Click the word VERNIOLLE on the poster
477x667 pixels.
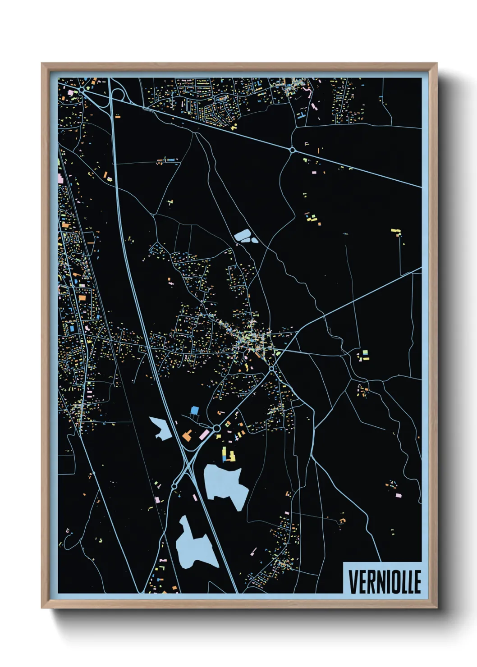[x=385, y=582]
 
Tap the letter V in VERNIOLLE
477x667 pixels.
[x=353, y=582]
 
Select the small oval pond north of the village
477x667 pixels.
[x=244, y=236]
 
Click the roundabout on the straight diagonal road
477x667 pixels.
[x=292, y=150]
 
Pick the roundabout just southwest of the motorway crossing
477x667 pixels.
[x=174, y=486]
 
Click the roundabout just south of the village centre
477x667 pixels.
[x=272, y=369]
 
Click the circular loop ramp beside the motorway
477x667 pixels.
[x=118, y=95]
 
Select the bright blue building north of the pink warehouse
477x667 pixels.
[x=194, y=410]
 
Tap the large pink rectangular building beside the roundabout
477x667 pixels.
[x=204, y=434]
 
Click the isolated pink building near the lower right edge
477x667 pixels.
[x=398, y=496]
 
